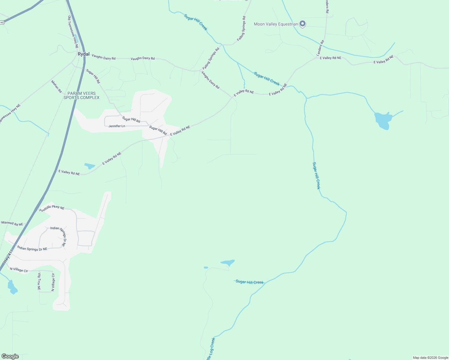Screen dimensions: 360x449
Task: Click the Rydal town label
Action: point(83,54)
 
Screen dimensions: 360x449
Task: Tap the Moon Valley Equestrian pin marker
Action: point(303,24)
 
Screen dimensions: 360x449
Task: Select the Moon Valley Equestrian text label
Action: point(276,24)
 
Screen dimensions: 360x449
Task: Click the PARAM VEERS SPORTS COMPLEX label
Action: point(81,95)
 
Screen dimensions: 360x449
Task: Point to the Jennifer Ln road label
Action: point(117,126)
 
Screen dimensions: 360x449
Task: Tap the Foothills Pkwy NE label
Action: point(52,208)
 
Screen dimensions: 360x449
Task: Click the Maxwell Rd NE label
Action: point(12,223)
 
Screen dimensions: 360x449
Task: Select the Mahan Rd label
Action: point(56,86)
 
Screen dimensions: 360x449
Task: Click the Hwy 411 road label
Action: point(8,257)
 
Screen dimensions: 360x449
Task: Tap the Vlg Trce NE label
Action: point(39,281)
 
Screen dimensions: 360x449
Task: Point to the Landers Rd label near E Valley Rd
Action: point(321,48)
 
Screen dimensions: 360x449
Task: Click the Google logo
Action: point(10,356)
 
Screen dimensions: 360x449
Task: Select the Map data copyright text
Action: point(430,358)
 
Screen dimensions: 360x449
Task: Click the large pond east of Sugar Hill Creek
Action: point(383,120)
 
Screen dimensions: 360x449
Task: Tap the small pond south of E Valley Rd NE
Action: point(90,166)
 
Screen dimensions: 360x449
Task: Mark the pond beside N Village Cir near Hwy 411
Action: point(12,288)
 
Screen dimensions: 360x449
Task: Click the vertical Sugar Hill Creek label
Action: point(316,175)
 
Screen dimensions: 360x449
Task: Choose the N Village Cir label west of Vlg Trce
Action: point(19,270)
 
